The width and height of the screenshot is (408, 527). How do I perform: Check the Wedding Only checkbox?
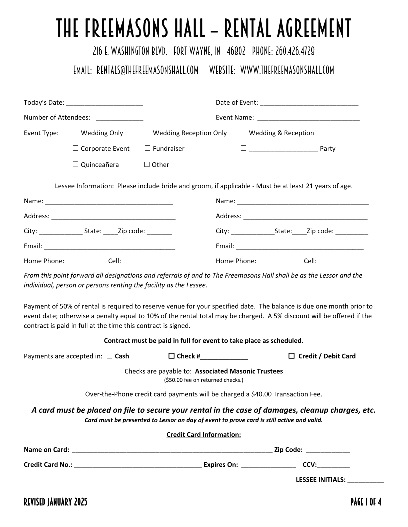coord(76,133)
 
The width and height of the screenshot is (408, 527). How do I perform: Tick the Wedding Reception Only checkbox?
coord(148,133)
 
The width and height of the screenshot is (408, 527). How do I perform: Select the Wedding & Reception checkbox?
coord(244,133)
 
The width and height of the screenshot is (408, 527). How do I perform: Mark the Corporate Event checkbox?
coord(76,148)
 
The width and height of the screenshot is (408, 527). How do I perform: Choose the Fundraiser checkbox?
coord(148,148)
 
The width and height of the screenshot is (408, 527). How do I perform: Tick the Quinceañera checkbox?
coord(76,164)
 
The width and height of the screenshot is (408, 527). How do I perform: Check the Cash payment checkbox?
coord(109,356)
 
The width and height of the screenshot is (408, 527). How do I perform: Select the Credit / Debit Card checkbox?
coord(292,356)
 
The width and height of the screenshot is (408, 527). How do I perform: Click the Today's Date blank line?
coord(104,103)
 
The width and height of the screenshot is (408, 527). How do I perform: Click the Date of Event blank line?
coord(309,103)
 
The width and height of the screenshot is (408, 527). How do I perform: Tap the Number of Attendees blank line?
coord(119,118)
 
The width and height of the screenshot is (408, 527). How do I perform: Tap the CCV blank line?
coord(333,465)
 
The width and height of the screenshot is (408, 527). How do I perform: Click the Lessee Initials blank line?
coord(366,480)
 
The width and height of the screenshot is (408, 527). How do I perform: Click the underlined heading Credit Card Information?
coord(204,435)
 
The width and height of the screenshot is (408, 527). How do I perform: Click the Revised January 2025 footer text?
coord(56,502)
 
